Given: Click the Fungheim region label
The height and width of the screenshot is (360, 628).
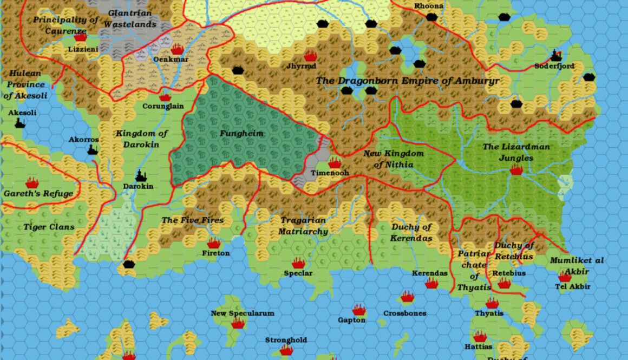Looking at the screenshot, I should (241, 133).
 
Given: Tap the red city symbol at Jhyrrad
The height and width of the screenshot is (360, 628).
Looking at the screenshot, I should (310, 56).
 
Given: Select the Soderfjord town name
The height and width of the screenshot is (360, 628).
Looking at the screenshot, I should (554, 66).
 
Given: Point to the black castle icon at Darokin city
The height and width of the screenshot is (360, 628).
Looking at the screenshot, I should (141, 176).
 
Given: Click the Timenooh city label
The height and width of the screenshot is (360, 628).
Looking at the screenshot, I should (330, 173).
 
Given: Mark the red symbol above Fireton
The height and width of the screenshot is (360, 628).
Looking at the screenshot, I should (214, 244).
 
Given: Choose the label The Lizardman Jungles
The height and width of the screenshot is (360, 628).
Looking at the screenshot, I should (516, 152).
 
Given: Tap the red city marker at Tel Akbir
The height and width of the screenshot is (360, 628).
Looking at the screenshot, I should (565, 277).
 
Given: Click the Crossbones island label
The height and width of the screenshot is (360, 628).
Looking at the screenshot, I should (404, 313).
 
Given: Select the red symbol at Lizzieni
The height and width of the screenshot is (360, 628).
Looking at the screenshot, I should (80, 37).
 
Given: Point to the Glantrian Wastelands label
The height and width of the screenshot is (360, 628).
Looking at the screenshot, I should (130, 18).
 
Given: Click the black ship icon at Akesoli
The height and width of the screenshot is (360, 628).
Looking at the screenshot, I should (20, 123).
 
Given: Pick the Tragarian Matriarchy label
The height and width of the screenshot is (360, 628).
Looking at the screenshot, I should (303, 226).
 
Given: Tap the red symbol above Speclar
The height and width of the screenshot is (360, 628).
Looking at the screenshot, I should (298, 264).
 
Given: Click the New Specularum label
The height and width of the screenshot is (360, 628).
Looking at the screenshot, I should (243, 313).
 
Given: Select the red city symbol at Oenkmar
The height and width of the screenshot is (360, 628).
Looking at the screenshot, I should (177, 49).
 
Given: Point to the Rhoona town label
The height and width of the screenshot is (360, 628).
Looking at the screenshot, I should (429, 6).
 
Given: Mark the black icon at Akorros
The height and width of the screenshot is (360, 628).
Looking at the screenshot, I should (93, 149).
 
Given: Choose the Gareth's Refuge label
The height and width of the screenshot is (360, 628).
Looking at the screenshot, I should (38, 193).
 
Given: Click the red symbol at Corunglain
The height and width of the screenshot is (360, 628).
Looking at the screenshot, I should (165, 97).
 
